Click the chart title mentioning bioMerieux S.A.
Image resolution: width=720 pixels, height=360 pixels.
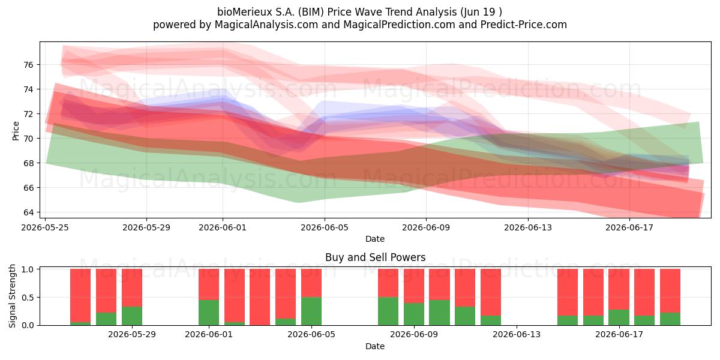(x=359, y=12)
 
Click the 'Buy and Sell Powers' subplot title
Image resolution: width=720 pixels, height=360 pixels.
(x=375, y=257)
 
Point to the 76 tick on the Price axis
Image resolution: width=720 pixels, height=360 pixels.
(x=28, y=65)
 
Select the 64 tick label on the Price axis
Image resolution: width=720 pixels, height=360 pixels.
(x=28, y=212)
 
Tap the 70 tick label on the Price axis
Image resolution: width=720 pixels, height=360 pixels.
(x=28, y=139)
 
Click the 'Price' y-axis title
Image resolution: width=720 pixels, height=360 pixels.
(x=16, y=131)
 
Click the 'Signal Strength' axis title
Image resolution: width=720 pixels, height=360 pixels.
(x=12, y=296)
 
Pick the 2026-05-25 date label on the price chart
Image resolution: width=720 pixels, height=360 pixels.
(x=45, y=227)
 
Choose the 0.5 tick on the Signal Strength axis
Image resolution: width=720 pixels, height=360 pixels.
(x=28, y=298)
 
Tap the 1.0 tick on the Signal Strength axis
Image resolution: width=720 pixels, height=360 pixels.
(x=28, y=269)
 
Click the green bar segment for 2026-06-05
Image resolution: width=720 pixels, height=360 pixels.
(x=311, y=311)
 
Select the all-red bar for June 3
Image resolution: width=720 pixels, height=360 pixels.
(x=260, y=297)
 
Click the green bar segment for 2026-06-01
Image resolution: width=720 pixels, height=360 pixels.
(x=209, y=313)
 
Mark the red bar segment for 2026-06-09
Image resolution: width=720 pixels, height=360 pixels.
(x=413, y=286)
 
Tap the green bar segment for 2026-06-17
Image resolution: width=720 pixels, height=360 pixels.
(x=619, y=317)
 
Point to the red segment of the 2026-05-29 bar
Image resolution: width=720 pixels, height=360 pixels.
(x=132, y=287)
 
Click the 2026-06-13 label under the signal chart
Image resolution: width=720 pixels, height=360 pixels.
(x=517, y=335)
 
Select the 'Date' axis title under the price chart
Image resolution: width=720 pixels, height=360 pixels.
(x=375, y=239)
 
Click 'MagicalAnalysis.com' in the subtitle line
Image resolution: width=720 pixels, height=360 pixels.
(x=266, y=25)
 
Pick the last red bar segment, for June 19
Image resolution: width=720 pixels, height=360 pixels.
(x=670, y=290)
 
